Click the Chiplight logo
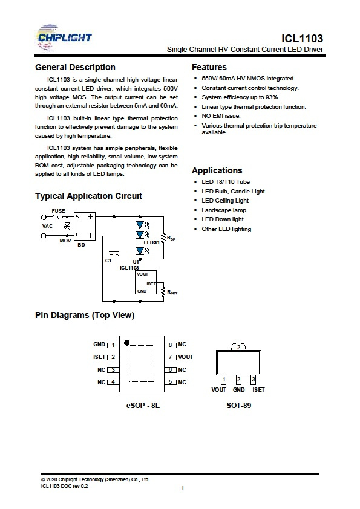[x=64, y=37]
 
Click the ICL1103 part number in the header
[x=302, y=39]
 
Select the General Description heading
[x=75, y=67]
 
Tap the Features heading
[x=209, y=67]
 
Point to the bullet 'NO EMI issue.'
[x=221, y=116]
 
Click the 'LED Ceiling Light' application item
[x=225, y=201]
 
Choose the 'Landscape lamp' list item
[x=224, y=210]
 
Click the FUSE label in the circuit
[x=58, y=211]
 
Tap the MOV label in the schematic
[x=65, y=241]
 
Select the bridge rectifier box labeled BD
[x=85, y=226]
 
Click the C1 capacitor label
[x=108, y=261]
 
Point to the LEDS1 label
[x=152, y=242]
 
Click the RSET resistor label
[x=172, y=292]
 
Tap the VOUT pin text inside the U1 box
[x=142, y=274]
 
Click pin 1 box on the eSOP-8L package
[x=113, y=345]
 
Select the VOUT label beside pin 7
[x=185, y=357]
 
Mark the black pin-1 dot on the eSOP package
[x=126, y=343]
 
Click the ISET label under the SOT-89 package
[x=258, y=389]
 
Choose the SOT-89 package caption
[x=239, y=406]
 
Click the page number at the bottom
[x=183, y=488]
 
